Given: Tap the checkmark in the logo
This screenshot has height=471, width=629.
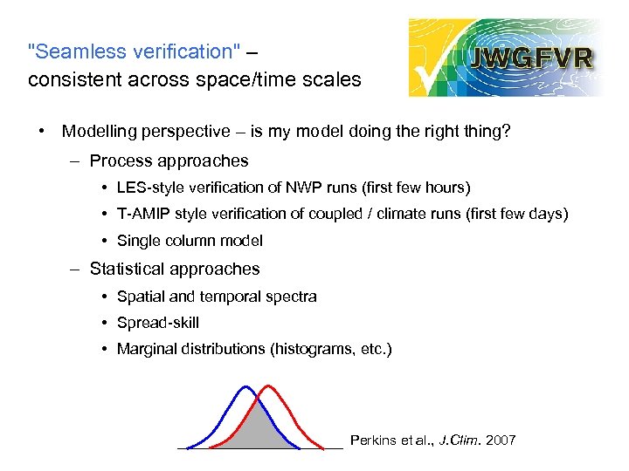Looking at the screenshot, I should (434, 70).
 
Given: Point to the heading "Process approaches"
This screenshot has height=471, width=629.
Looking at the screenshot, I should (169, 160).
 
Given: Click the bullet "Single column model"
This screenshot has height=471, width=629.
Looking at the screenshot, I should (190, 241).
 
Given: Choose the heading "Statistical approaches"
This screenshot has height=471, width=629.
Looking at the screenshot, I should (175, 269).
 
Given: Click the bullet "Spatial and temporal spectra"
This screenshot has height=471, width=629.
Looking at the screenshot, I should (217, 297).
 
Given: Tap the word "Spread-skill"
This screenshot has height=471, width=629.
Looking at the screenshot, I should (158, 323).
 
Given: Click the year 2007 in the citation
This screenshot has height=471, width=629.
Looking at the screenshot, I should (500, 440).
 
